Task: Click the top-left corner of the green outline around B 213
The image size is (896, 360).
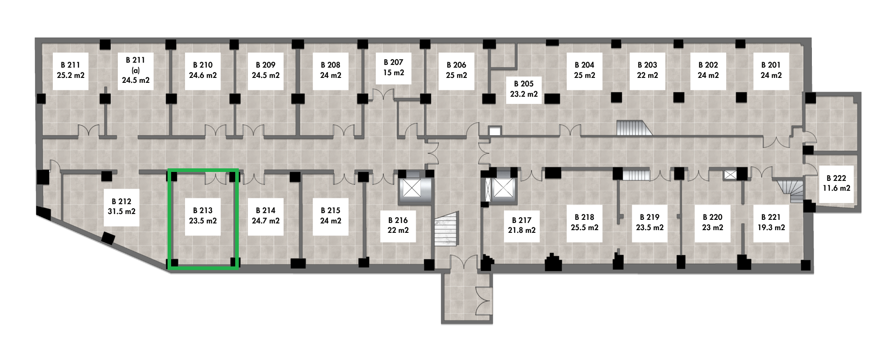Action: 168,169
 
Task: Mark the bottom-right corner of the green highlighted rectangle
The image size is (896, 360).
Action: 237,269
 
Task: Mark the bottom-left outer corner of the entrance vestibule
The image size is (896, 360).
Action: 442,323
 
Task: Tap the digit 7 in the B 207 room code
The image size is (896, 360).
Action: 401,63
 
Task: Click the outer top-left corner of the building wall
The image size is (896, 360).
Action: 35,39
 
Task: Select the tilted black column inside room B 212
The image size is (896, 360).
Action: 108,239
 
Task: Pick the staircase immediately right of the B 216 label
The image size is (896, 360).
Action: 446,229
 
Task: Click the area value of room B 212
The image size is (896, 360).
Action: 121,211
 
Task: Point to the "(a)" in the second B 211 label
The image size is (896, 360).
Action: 134,70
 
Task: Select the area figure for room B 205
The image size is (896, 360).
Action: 524,94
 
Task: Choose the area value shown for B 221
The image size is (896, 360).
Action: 771,227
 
